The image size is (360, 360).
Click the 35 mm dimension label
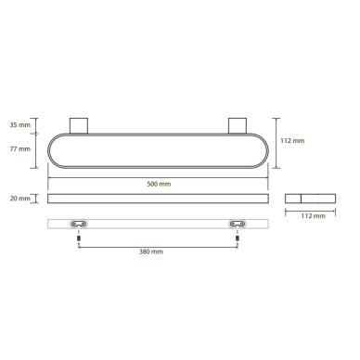(20, 125)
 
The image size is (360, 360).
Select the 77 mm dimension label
(20, 149)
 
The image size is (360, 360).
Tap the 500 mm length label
(159, 184)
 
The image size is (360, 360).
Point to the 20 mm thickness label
(20, 199)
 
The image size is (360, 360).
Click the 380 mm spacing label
(151, 251)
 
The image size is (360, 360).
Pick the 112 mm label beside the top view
(292, 141)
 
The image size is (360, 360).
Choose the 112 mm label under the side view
(313, 216)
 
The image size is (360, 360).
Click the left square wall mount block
(79, 125)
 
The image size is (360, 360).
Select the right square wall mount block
(238, 125)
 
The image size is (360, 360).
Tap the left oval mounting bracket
(79, 224)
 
